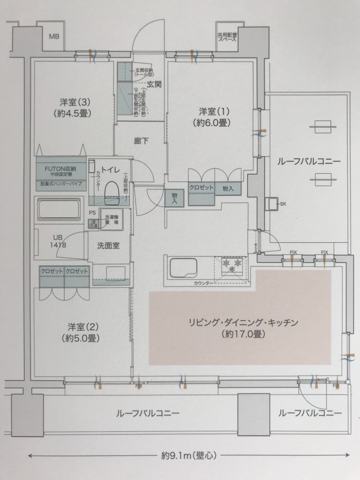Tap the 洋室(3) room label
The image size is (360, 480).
pos(72,107)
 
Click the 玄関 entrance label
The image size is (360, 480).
pos(154,84)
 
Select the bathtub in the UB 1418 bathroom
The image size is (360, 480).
pos(59,208)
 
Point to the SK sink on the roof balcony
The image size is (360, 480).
pos(272,204)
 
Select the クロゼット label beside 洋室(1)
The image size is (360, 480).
pos(201,187)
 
